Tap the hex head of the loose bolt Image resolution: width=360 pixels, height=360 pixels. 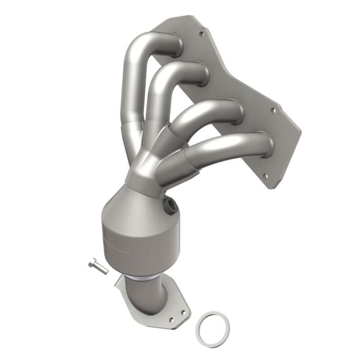pyautogui.click(x=91, y=264)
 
